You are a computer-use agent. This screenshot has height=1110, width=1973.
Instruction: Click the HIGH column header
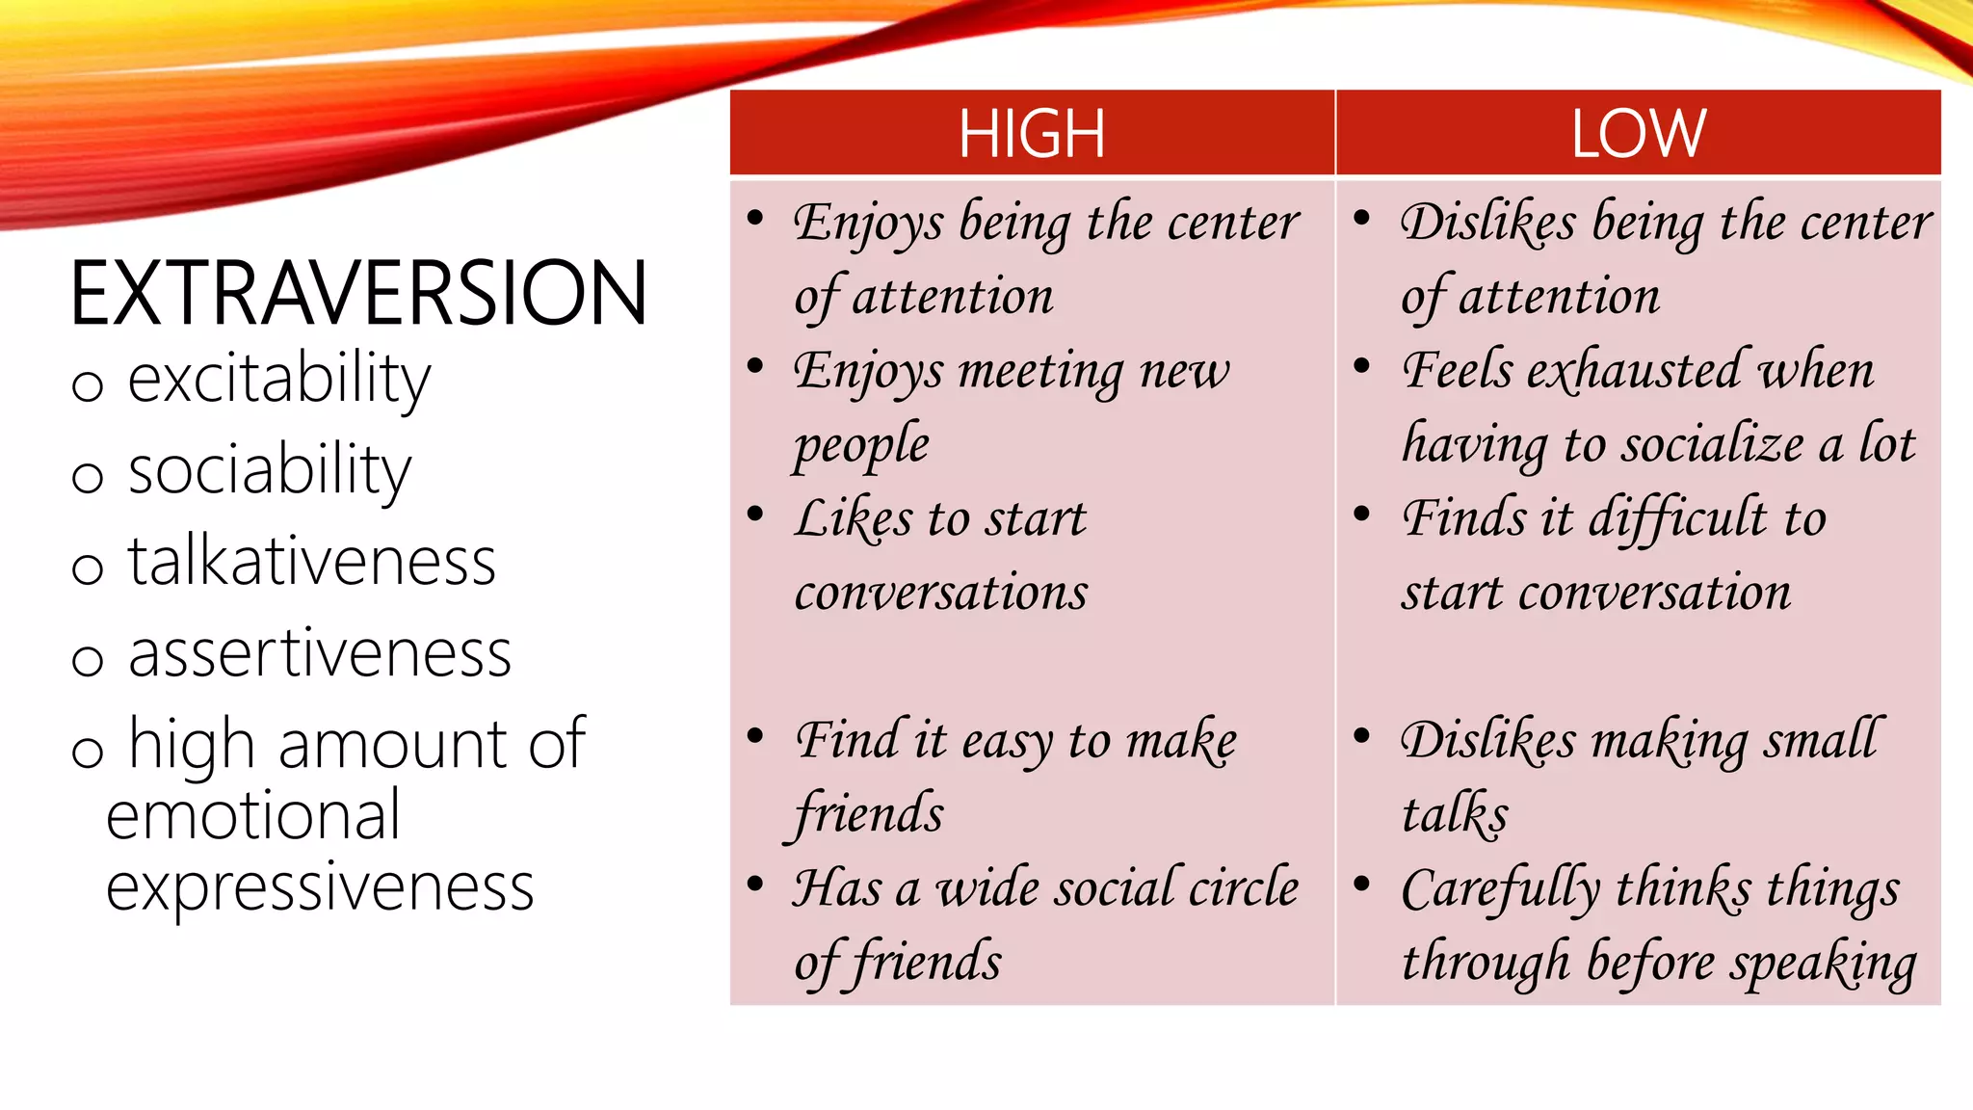point(1031,133)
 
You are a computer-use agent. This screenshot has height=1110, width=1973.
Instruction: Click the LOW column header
point(1638,133)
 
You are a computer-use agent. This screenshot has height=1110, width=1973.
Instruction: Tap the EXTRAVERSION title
point(358,294)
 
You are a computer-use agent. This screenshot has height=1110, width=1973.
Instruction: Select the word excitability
point(279,380)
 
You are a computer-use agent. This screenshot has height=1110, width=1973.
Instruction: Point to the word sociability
point(270,471)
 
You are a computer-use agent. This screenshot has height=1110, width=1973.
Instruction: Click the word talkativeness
point(312,562)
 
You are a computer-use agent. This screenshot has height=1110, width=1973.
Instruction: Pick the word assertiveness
point(320,653)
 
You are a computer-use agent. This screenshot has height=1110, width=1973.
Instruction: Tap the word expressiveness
point(320,887)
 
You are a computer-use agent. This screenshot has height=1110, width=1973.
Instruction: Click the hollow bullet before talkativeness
point(88,568)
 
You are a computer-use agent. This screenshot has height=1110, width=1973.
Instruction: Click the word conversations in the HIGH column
point(941,592)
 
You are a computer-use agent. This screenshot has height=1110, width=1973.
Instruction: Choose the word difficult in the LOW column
point(1677,518)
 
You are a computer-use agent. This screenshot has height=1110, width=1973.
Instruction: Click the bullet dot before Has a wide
point(755,884)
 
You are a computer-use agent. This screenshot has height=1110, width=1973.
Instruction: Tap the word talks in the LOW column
point(1455,814)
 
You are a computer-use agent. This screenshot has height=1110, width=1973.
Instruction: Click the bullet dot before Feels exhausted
point(1362,366)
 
